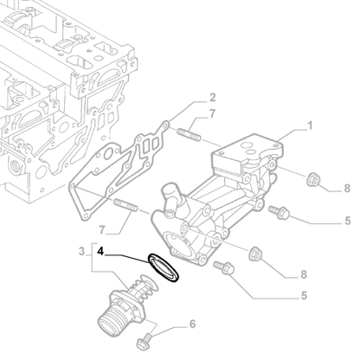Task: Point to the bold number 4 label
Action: click(x=101, y=253)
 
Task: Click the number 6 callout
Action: click(x=192, y=325)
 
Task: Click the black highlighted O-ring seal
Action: click(x=162, y=267)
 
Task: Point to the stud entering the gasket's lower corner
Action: click(x=125, y=207)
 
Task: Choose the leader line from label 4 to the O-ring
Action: click(x=130, y=255)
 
